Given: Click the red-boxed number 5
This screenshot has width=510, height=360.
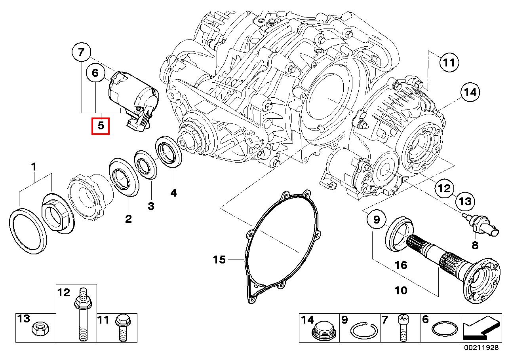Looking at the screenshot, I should (100, 126).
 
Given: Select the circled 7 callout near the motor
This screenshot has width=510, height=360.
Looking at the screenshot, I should (81, 52).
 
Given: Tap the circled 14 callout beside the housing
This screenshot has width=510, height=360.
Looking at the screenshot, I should (470, 93).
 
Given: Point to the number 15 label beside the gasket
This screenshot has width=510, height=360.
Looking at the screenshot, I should (219, 260).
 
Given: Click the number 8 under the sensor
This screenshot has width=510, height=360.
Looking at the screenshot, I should (475, 245).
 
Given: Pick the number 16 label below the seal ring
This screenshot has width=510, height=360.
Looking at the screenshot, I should (401, 265).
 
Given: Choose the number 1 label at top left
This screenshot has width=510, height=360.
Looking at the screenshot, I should (34, 167).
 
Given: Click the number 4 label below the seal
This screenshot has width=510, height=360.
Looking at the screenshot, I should (173, 193).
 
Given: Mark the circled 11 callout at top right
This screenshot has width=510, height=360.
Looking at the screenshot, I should (449, 63).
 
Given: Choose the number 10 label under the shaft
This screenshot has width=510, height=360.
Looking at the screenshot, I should (401, 290).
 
